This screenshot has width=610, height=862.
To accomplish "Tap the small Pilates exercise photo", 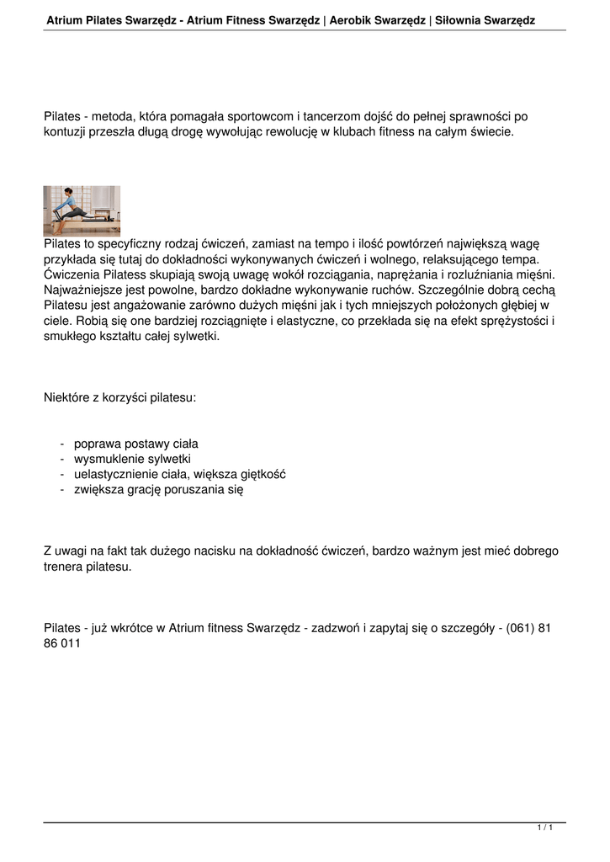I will point(82,210).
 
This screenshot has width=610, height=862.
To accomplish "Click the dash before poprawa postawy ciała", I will point(62,444).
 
